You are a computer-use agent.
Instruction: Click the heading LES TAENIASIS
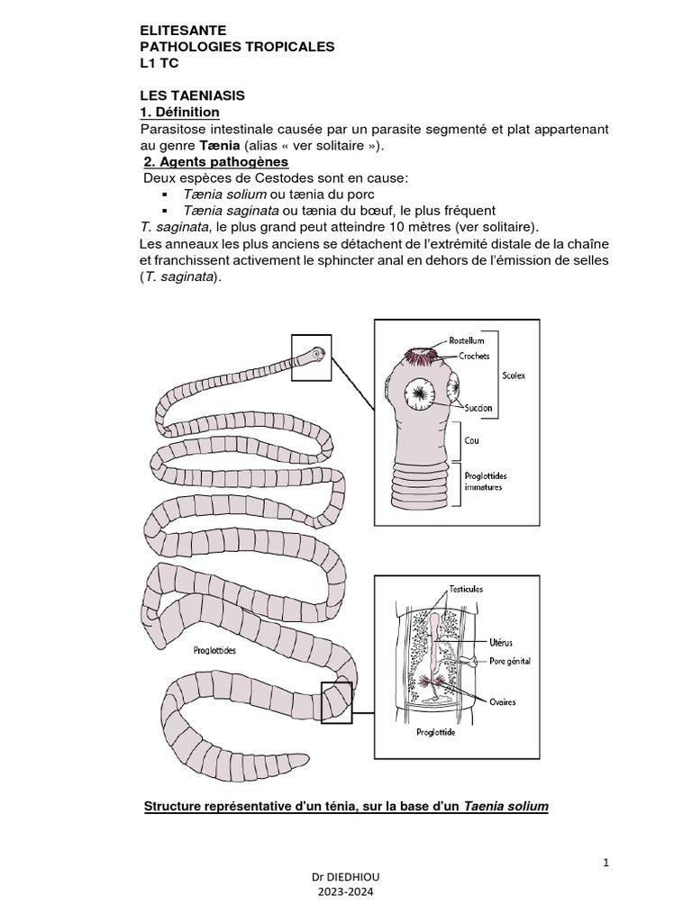[193, 95]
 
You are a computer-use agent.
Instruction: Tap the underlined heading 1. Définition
[179, 113]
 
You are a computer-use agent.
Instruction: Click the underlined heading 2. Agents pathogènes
[216, 162]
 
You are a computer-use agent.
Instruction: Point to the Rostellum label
[467, 341]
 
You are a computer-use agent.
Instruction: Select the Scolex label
[514, 375]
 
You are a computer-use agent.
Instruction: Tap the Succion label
[478, 408]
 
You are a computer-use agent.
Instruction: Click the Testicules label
[466, 589]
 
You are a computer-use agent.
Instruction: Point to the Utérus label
[500, 643]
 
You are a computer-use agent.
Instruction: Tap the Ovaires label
[503, 701]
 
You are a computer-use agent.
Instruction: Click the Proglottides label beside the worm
[214, 650]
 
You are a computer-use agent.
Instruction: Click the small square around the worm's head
[311, 357]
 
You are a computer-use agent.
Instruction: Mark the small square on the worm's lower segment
[336, 702]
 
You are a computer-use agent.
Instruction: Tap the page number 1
[606, 863]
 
